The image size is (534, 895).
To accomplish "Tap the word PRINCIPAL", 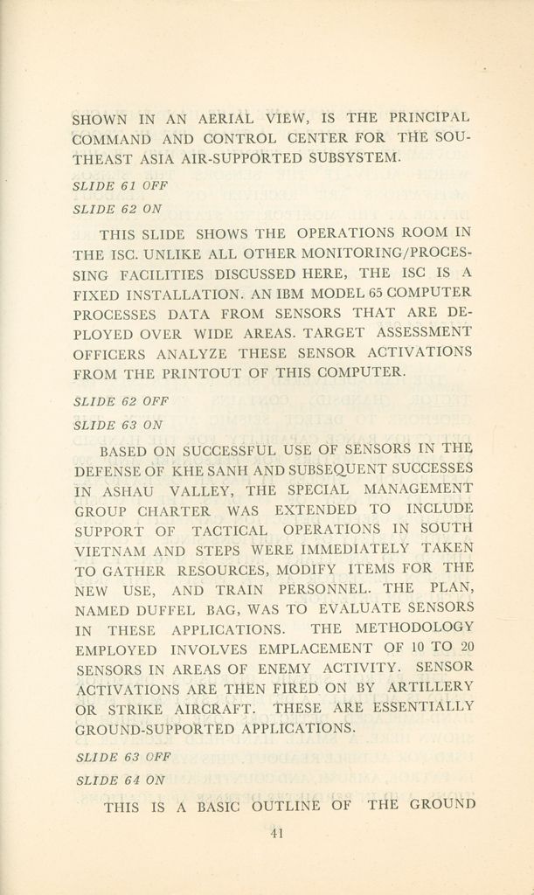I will (x=429, y=116).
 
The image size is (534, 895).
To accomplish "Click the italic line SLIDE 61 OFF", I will (x=120, y=185).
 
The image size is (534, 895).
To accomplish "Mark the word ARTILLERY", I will (x=430, y=686).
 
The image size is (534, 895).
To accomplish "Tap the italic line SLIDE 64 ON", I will (x=121, y=780).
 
